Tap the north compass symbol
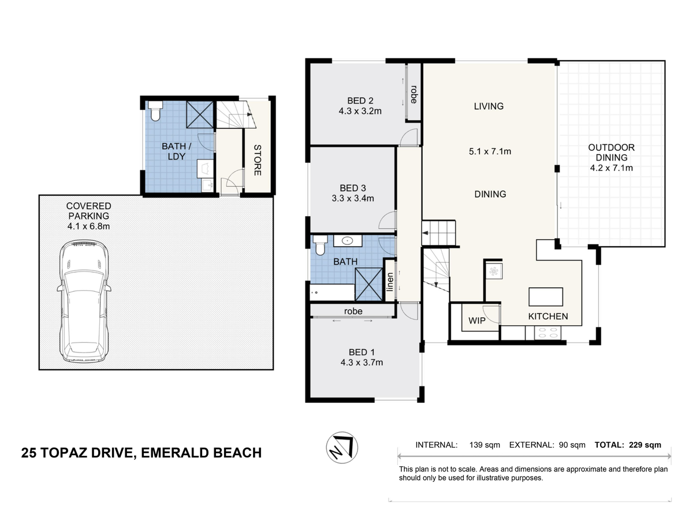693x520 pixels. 342,447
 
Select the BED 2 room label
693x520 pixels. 360,101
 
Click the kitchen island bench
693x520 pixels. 546,296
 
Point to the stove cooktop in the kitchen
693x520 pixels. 548,333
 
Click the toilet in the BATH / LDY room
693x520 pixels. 155,111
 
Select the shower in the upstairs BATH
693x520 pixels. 369,284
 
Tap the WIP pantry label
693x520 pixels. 477,321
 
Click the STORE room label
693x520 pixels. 258,160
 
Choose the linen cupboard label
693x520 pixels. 390,281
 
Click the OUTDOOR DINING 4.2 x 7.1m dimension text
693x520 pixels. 611,168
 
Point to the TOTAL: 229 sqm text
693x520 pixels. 628,445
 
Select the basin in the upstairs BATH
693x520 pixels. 348,241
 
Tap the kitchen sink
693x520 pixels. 494,271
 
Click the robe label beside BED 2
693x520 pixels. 413,94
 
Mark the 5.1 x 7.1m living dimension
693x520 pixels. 490,151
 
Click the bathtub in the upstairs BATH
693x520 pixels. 332,292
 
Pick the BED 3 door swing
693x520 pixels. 387,220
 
